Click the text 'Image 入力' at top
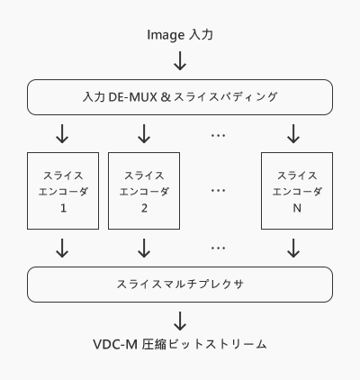click(180, 35)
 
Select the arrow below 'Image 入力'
click(180, 60)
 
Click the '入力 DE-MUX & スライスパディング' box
click(180, 97)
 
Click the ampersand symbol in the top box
click(166, 97)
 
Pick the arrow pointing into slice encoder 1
click(62, 134)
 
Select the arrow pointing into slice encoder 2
click(144, 134)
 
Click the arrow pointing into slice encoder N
click(293, 134)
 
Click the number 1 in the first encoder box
click(63, 208)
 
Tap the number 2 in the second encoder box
click(144, 208)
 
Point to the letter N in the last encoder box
click(297, 208)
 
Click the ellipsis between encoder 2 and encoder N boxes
click(218, 191)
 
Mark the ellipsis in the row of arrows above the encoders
click(218, 136)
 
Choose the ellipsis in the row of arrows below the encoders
click(218, 249)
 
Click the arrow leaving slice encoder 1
click(62, 249)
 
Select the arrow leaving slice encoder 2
click(144, 249)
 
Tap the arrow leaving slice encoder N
click(293, 249)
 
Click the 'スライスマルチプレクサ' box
click(180, 285)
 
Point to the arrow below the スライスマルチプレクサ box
click(180, 321)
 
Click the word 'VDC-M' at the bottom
click(115, 344)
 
